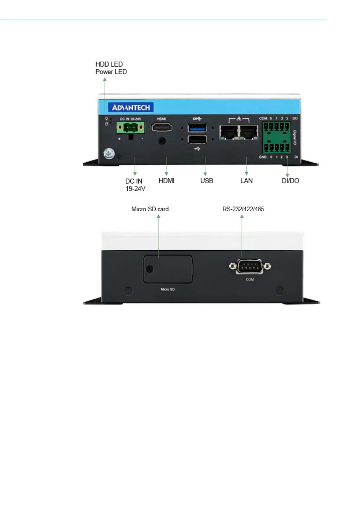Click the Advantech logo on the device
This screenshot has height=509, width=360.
pyautogui.click(x=131, y=107)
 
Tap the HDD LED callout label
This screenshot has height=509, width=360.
pyautogui.click(x=109, y=64)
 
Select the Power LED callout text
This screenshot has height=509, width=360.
pyautogui.click(x=111, y=72)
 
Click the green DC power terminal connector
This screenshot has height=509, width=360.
pyautogui.click(x=130, y=128)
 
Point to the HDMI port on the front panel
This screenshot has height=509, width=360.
pyautogui.click(x=162, y=128)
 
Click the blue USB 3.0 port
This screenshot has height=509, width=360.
pyautogui.click(x=197, y=128)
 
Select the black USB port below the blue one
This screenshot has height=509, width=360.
pyautogui.click(x=197, y=140)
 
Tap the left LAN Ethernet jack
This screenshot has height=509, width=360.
pyautogui.click(x=229, y=132)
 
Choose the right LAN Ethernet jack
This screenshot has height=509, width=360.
pyautogui.click(x=249, y=132)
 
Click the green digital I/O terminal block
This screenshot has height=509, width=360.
pyautogui.click(x=276, y=138)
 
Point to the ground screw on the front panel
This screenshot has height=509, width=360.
pyautogui.click(x=109, y=154)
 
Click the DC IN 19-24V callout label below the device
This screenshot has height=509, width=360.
pyautogui.click(x=135, y=185)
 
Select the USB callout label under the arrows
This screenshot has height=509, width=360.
pyautogui.click(x=206, y=181)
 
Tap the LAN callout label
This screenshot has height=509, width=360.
pyautogui.click(x=246, y=181)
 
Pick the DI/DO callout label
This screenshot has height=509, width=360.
pyautogui.click(x=290, y=181)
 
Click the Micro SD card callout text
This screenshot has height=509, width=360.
pyautogui.click(x=150, y=209)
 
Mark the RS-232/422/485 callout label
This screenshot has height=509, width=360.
pyautogui.click(x=243, y=209)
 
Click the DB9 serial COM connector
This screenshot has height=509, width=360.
pyautogui.click(x=250, y=267)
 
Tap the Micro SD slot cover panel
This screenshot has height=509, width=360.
pyautogui.click(x=168, y=269)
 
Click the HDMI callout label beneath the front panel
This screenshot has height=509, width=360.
pyautogui.click(x=166, y=181)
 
